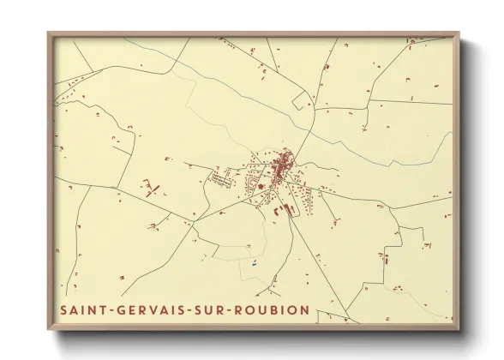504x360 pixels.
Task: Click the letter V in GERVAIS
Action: pyautogui.click(x=153, y=309)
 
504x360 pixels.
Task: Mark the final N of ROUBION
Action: pyautogui.click(x=304, y=309)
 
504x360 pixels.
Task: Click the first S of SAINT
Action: pyautogui.click(x=63, y=309)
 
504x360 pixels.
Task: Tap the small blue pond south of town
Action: pyautogui.click(x=253, y=262)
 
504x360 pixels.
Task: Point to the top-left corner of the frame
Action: pyautogui.click(x=48, y=33)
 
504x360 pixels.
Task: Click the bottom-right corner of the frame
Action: pyautogui.click(x=459, y=331)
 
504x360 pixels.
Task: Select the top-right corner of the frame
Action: pyautogui.click(x=459, y=33)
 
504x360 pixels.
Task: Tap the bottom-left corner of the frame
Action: pyautogui.click(x=48, y=331)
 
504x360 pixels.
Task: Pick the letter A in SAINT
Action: pyautogui.click(x=75, y=309)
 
